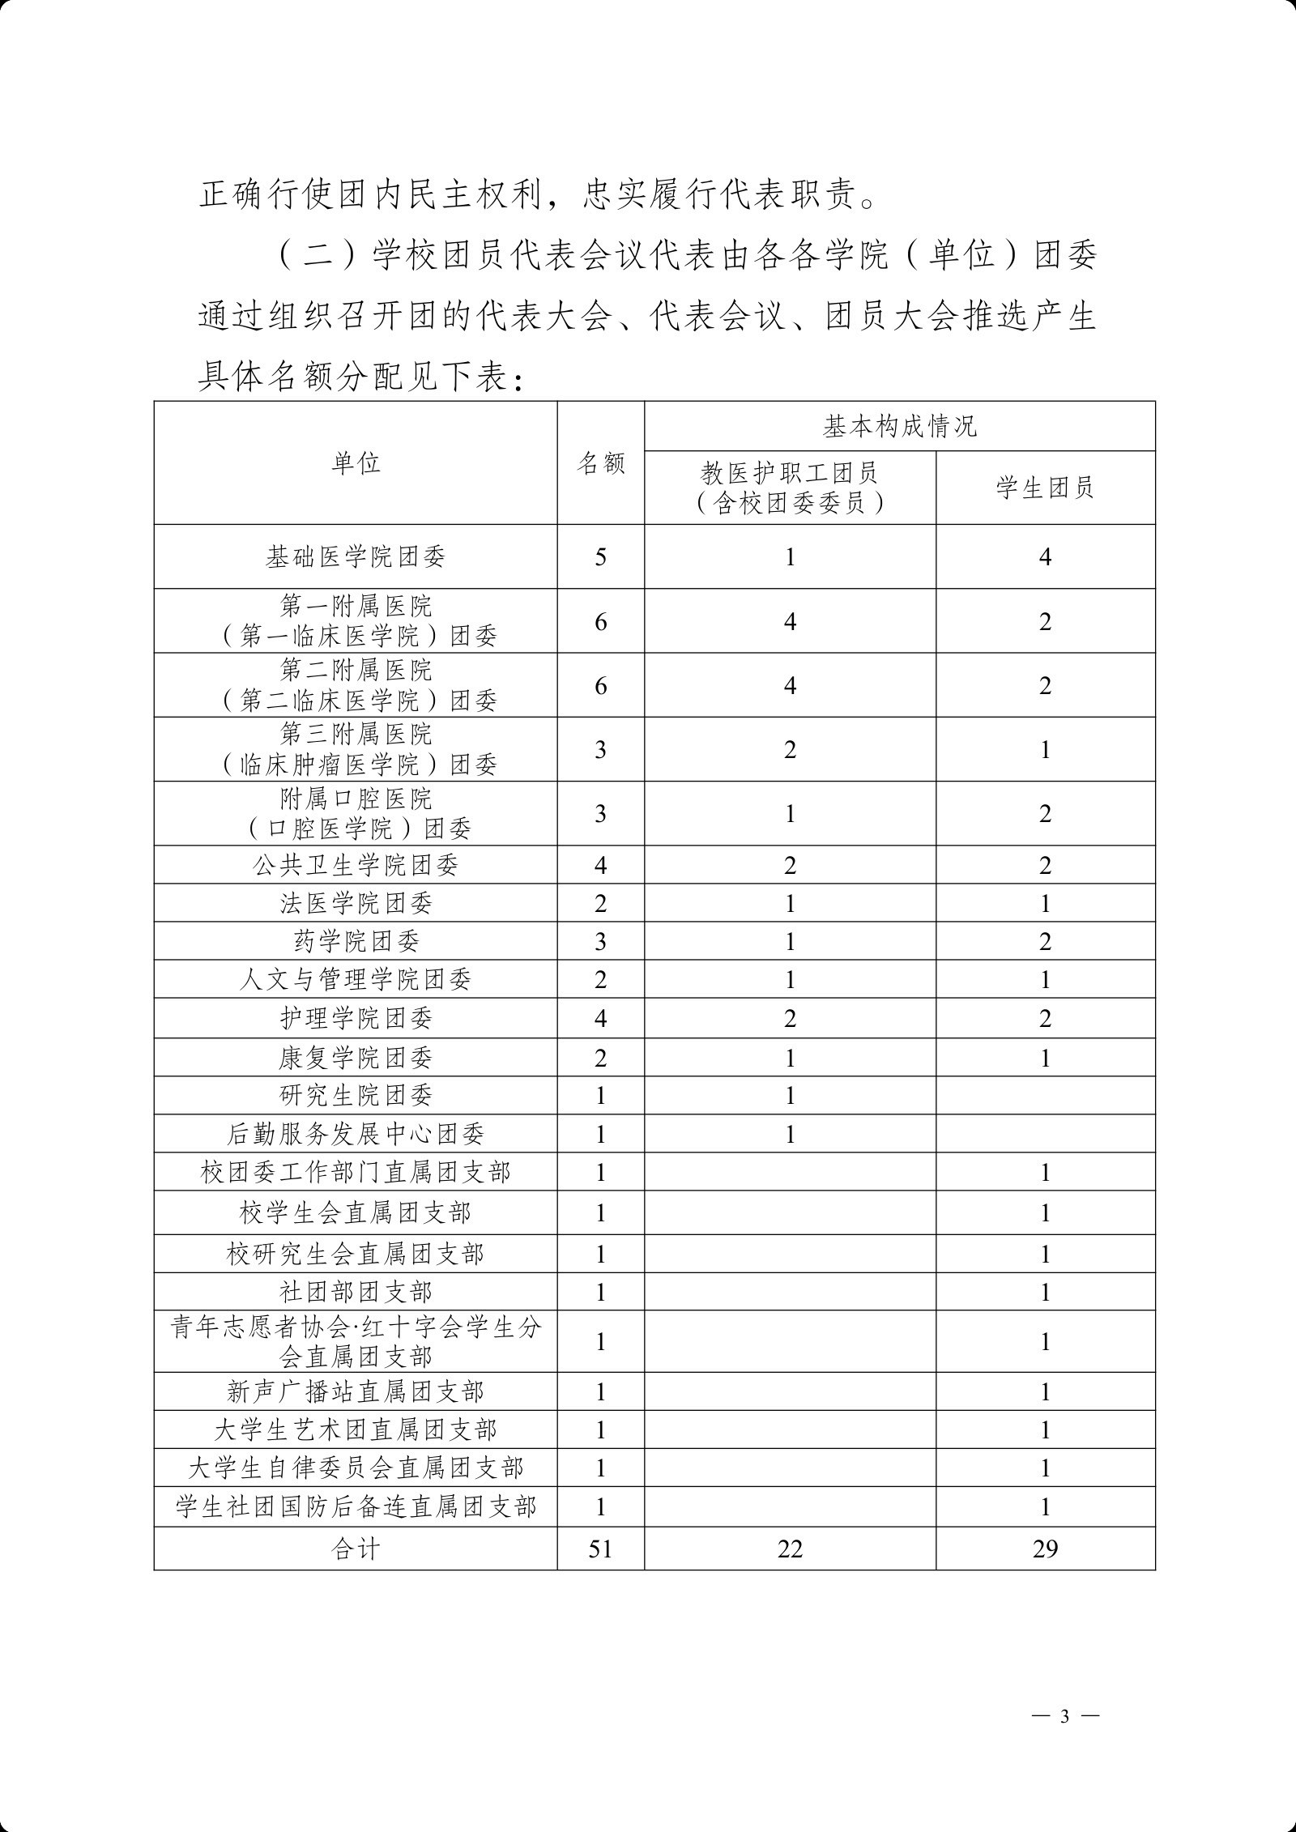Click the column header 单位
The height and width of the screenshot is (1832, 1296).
(x=356, y=463)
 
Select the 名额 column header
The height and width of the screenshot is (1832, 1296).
(x=600, y=463)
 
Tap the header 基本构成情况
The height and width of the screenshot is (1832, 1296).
(x=899, y=426)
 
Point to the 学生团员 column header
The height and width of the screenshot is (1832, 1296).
(x=1045, y=488)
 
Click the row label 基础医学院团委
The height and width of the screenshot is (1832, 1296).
(x=356, y=556)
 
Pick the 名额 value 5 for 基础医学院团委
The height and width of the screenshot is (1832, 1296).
(x=600, y=556)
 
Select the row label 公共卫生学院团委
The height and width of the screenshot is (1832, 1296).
(x=356, y=865)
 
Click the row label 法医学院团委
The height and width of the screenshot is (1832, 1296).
(x=356, y=903)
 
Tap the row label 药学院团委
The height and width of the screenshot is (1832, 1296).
(x=356, y=941)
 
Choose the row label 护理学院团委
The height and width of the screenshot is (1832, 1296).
(x=356, y=1018)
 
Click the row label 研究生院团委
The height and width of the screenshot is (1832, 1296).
(x=356, y=1095)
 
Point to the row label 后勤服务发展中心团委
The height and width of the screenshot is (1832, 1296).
(x=356, y=1134)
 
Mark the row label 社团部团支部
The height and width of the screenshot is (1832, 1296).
(x=356, y=1292)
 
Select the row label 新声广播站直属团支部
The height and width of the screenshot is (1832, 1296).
(x=356, y=1391)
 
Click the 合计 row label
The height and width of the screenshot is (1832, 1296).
(x=356, y=1549)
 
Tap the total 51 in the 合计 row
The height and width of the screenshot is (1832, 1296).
(x=600, y=1549)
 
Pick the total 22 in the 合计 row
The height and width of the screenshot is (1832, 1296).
(x=790, y=1549)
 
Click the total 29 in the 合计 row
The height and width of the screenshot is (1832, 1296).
(x=1045, y=1549)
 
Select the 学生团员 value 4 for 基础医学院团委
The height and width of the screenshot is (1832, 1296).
(x=1045, y=556)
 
